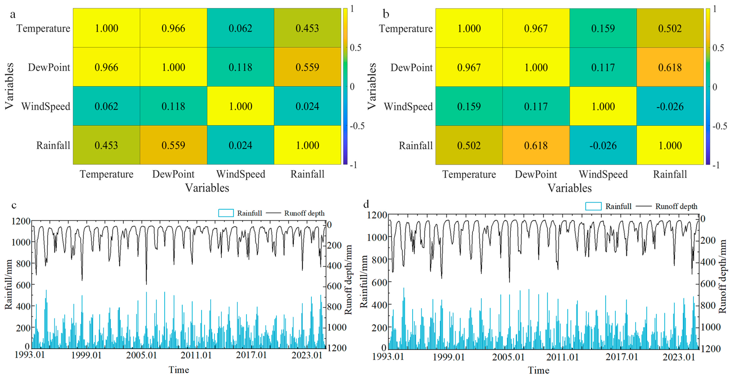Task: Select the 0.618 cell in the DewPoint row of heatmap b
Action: [670, 67]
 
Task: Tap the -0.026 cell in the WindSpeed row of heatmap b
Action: [670, 106]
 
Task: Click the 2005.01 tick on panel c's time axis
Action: [141, 355]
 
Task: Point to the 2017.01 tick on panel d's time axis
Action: [621, 357]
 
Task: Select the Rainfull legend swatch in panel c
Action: [226, 213]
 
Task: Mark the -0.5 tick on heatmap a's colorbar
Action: [357, 126]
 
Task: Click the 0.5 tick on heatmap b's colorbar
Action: [718, 48]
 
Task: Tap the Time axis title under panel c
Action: [179, 370]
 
